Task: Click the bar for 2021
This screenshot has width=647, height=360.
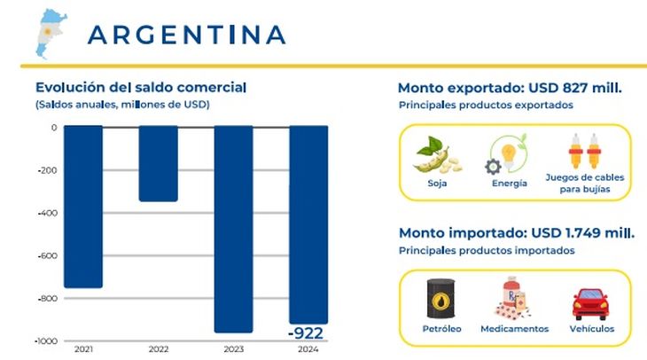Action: tap(83, 207)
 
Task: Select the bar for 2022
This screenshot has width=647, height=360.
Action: tap(159, 164)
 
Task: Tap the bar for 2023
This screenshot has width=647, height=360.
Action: tap(234, 229)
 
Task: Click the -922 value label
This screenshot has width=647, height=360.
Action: tap(306, 333)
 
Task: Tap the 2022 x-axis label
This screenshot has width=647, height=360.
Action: tap(159, 349)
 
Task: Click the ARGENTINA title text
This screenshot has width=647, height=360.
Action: tap(187, 35)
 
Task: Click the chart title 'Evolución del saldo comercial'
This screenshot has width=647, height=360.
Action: tap(141, 87)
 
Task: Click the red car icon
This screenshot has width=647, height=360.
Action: tap(589, 302)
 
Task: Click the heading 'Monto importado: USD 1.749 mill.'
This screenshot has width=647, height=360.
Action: tap(517, 233)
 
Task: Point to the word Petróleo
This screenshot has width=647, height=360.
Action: tap(442, 329)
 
